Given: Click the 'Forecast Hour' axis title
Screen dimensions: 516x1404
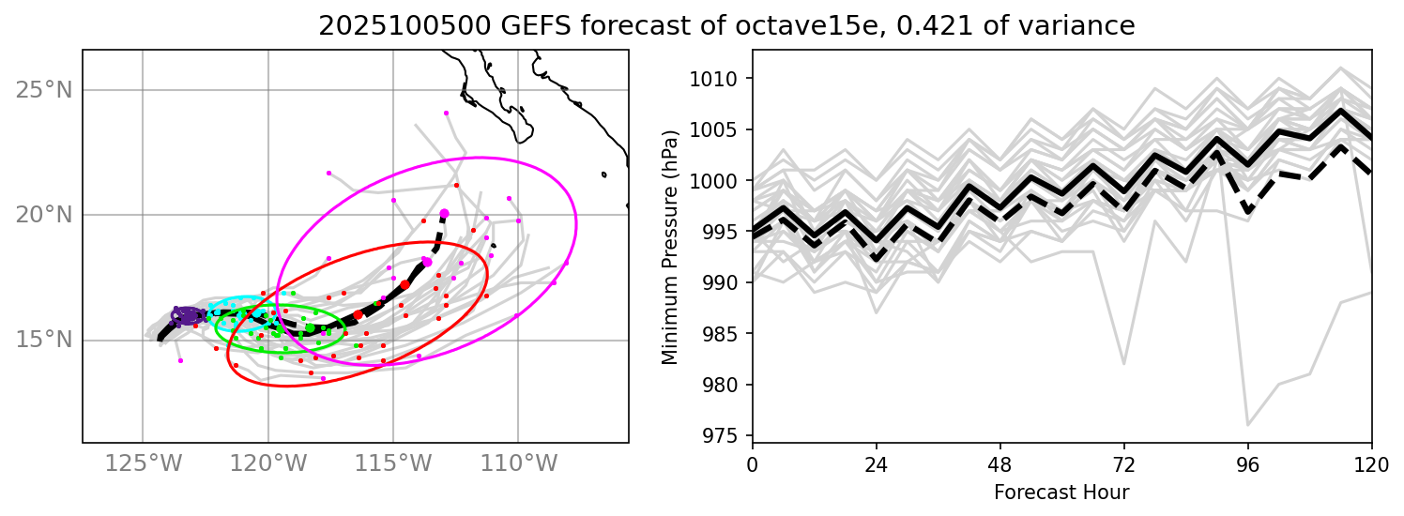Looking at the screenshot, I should point(1061,492).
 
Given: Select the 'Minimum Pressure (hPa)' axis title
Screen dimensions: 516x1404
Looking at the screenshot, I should point(670,246).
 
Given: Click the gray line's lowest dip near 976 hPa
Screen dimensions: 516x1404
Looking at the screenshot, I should point(1247,426).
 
